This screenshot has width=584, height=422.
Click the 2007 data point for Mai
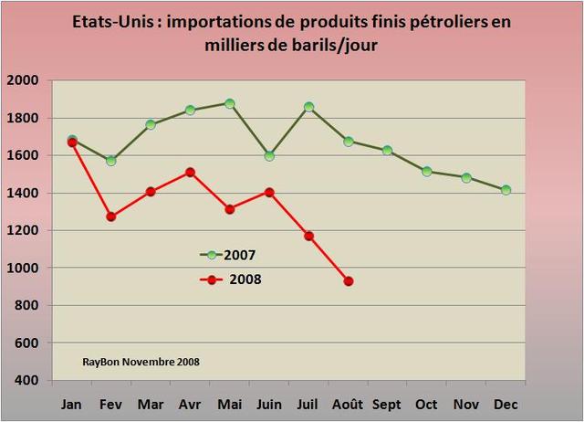click(230, 103)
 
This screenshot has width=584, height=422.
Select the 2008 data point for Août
click(349, 281)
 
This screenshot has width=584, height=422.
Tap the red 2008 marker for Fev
click(111, 216)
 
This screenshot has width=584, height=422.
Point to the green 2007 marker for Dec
click(506, 190)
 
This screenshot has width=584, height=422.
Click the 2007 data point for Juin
click(269, 156)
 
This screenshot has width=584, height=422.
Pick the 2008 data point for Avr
click(191, 172)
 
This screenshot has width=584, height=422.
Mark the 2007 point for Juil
click(309, 107)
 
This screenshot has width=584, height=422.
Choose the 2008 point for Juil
click(309, 236)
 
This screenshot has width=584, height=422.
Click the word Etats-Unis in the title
click(109, 21)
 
